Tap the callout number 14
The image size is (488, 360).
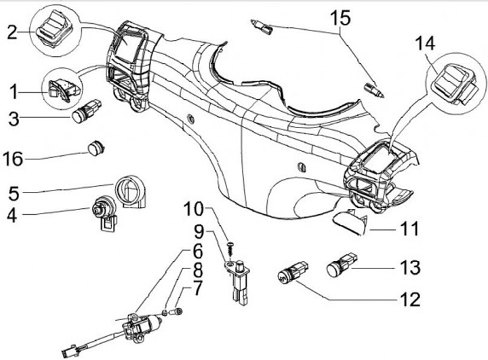pyautogui.click(x=425, y=43)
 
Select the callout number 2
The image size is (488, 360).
pyautogui.click(x=12, y=32)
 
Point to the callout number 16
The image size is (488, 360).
pyautogui.click(x=13, y=159)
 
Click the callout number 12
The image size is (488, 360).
pyautogui.click(x=410, y=300)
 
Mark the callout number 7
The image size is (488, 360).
pyautogui.click(x=197, y=288)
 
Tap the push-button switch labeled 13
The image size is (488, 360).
pyautogui.click(x=342, y=264)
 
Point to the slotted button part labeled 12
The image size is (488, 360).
pyautogui.click(x=293, y=273)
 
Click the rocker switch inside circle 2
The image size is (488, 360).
pyautogui.click(x=54, y=28)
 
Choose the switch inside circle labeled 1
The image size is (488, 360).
pyautogui.click(x=64, y=89)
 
